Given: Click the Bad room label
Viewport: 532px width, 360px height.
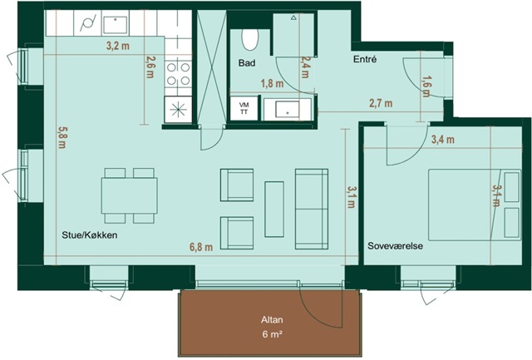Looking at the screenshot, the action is coord(247,62).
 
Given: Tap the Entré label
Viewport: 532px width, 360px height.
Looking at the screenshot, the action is coord(365,59).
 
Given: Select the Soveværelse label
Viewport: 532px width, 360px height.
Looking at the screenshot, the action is coord(396,246).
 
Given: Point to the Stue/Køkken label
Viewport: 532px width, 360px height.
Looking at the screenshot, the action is coord(90,235).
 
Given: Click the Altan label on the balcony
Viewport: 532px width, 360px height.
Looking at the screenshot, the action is coord(272,319).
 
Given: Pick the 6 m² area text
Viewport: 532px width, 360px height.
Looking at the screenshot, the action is coord(272,334).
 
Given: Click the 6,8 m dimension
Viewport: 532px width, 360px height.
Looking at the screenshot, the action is coord(201,247).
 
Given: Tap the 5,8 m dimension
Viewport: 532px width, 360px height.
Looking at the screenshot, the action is coord(62,137).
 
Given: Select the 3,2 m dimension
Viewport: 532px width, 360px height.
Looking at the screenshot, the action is coord(118,46).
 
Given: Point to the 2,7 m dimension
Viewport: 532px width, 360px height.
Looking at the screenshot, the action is coord(381,103).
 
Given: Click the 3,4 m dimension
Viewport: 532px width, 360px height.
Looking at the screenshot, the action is coord(443,139).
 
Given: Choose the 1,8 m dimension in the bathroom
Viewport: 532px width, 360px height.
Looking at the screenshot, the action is coord(272,83).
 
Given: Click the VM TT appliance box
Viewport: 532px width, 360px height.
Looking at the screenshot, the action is coord(244,108).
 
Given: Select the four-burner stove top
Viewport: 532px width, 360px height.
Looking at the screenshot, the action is coord(178,74).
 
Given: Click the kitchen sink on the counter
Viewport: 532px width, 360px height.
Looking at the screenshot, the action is coord(116,24).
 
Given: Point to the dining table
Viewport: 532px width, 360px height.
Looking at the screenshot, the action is coord(130,195).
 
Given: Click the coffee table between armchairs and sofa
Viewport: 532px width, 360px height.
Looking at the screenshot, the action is coord(274,209).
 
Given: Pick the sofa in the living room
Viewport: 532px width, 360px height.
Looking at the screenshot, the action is coord(312,209).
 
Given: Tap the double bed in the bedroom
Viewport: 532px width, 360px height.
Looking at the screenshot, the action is coord(475,205).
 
